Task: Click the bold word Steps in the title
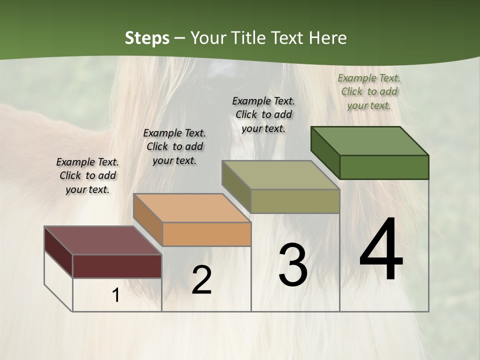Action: [147, 38]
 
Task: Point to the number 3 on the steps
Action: [292, 265]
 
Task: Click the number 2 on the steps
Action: [201, 280]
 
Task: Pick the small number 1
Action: [116, 295]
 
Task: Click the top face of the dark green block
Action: [370, 140]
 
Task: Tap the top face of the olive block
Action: [280, 175]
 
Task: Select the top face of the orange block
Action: [192, 208]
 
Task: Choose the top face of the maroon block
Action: [103, 240]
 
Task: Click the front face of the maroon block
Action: [117, 266]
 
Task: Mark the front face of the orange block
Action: [206, 234]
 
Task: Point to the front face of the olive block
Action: [295, 201]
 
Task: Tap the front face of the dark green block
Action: [384, 167]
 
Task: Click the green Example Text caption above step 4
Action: [369, 91]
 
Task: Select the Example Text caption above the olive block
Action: [263, 114]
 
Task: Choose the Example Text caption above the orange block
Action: [174, 146]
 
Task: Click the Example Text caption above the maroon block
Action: [87, 175]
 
